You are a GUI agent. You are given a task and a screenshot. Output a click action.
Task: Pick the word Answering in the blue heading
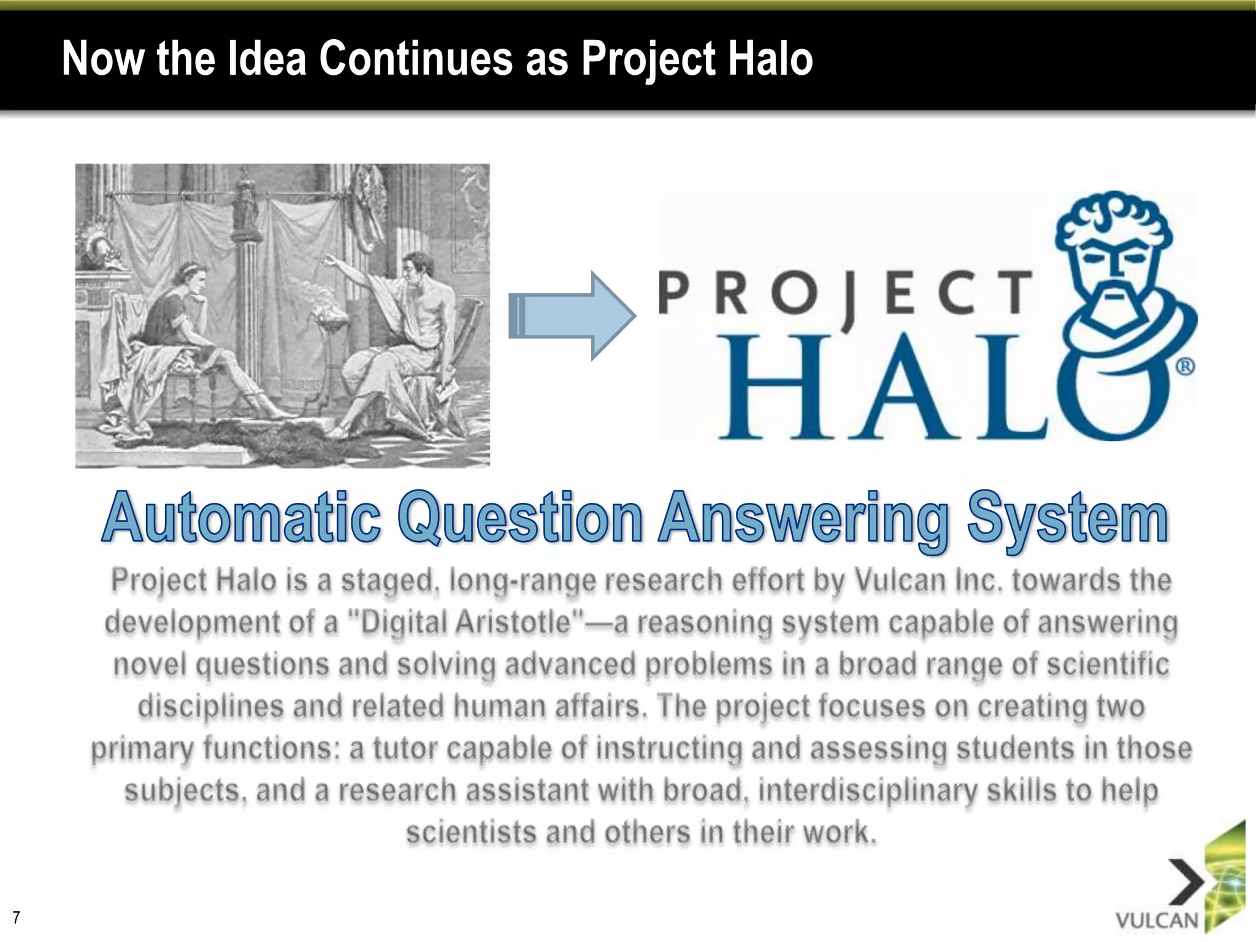tap(803, 520)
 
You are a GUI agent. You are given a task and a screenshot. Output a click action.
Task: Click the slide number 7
tap(17, 917)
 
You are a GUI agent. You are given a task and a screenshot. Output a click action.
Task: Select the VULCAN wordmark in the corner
tap(1157, 921)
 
